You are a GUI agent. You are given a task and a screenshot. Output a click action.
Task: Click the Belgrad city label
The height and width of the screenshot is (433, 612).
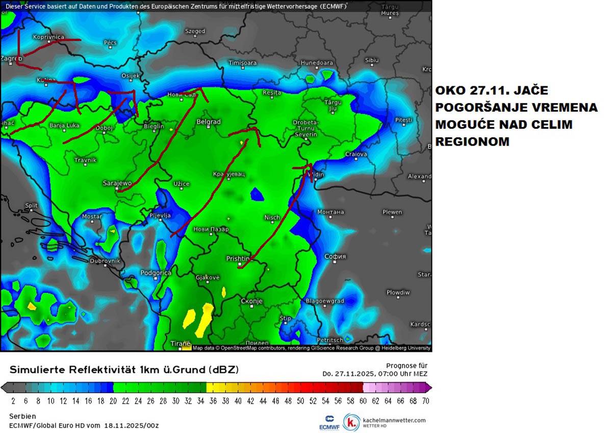[209, 122]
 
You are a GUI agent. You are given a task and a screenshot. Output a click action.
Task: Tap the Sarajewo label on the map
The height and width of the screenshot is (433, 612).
[117, 183]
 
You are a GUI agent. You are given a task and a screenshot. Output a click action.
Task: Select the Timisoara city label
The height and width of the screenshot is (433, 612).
[242, 63]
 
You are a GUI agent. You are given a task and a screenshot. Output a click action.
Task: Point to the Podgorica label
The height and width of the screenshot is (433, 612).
[156, 273]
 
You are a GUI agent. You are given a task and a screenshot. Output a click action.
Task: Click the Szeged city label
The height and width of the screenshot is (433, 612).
[195, 32]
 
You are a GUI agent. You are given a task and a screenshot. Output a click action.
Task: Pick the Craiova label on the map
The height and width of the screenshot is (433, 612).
[356, 154]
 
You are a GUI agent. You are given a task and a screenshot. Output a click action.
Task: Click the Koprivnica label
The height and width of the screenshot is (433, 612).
[48, 37]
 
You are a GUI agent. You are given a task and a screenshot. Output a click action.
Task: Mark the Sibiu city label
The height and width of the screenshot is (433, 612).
[372, 60]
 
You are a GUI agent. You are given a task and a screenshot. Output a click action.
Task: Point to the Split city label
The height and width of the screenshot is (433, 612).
[32, 206]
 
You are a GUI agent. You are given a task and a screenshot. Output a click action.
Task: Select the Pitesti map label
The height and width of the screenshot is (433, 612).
[403, 120]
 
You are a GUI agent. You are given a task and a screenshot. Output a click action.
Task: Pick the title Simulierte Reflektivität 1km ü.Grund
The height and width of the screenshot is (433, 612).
[124, 369]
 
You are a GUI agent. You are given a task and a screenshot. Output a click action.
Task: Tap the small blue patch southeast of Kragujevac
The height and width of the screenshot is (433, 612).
[257, 194]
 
